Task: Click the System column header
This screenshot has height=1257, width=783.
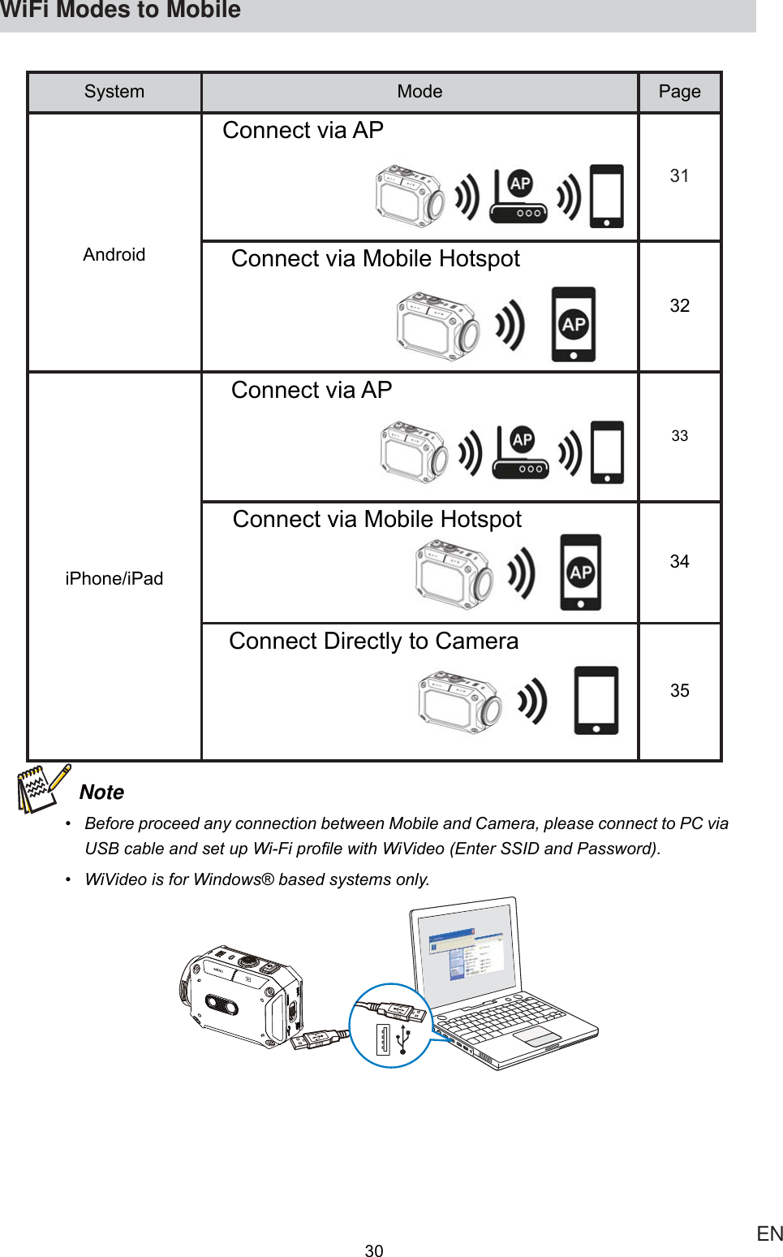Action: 114,92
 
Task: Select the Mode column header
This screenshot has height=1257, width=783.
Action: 419,92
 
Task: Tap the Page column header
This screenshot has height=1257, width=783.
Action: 679,92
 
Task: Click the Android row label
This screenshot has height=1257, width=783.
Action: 114,255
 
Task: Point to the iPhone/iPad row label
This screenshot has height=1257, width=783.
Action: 114,578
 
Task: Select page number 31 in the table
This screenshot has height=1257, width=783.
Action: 679,176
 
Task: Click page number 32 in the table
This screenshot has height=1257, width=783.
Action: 679,306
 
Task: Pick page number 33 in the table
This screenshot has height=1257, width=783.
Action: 679,436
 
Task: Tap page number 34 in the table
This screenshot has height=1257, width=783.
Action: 679,562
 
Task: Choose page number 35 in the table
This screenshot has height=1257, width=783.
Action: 679,691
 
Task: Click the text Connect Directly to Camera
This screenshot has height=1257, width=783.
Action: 373,641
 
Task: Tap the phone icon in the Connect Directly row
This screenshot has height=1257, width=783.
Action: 596,700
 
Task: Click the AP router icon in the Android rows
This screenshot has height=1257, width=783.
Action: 518,197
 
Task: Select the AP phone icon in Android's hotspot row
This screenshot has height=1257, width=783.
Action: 573,324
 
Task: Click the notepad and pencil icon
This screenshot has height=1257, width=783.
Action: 42,788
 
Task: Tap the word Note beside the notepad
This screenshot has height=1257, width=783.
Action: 102,793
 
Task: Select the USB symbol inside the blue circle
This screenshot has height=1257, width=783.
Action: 403,1039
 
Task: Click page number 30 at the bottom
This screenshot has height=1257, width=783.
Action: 374,1251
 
